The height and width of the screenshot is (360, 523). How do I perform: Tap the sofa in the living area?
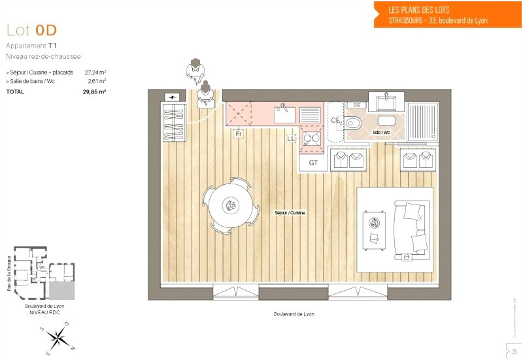[413, 229]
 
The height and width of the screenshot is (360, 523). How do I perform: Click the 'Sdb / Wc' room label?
[381, 132]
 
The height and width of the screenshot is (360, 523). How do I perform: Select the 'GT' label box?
[313, 163]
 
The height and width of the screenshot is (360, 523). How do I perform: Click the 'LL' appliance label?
[291, 138]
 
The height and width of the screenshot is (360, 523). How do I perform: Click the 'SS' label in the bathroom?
[356, 105]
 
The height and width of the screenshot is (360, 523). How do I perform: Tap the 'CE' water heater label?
[335, 120]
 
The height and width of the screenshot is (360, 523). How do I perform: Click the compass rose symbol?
[58, 337]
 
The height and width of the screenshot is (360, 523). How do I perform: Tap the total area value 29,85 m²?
[94, 92]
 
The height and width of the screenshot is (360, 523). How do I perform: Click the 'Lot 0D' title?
[31, 30]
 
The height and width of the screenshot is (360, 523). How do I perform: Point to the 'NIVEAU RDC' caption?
[44, 314]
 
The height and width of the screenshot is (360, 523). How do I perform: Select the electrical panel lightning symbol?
[173, 97]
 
